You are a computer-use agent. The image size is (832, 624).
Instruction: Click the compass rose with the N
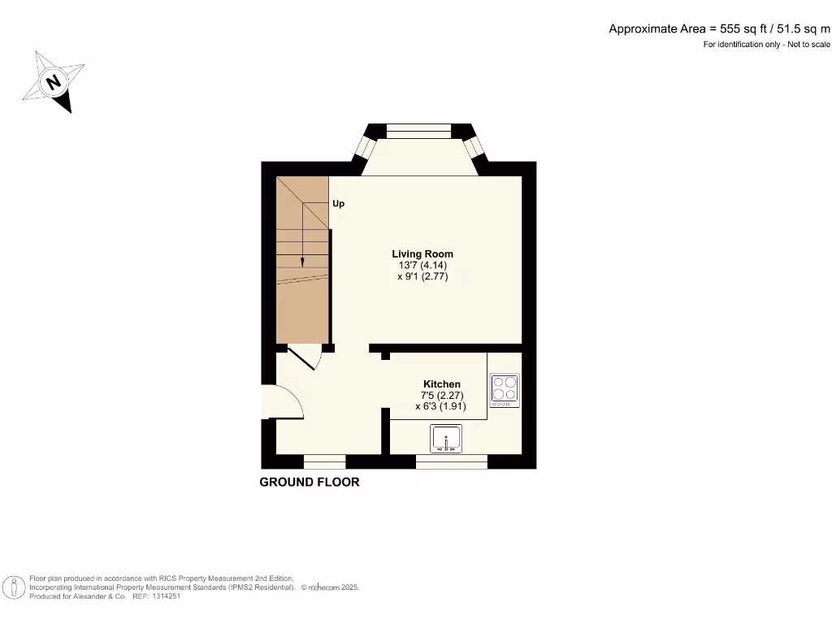tap(54, 81)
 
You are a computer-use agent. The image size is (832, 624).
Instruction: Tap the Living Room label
tap(422, 253)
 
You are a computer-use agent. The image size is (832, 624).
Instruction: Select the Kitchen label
tap(442, 383)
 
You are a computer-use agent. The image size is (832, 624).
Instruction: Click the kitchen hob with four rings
tap(505, 390)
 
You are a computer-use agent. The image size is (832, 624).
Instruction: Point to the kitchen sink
tap(446, 438)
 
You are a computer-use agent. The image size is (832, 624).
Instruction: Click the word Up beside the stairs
tap(338, 203)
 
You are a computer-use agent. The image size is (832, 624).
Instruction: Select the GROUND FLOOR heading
tap(309, 482)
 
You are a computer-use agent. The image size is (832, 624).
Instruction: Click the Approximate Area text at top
tap(719, 28)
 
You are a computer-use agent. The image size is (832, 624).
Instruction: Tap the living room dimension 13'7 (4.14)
tap(422, 265)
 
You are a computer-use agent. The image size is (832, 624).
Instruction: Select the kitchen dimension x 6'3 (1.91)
tap(442, 406)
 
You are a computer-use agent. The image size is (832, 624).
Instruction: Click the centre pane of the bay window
tap(418, 131)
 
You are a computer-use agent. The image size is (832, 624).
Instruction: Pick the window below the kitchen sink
tap(451, 461)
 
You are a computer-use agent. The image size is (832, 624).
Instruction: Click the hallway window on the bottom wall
tap(324, 461)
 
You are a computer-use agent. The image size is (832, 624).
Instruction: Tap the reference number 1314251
tap(162, 596)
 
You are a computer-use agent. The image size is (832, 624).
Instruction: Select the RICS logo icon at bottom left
tap(14, 587)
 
